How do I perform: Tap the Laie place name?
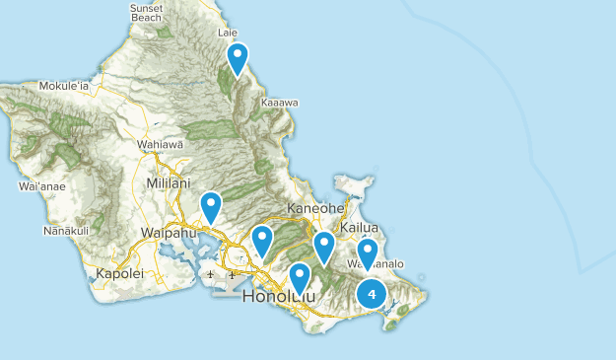coord(227,33)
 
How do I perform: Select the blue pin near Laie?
coord(237,58)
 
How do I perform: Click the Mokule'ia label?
coord(64,86)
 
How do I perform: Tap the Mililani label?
coord(166,184)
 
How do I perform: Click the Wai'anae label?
coord(39,185)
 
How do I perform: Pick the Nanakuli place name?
coord(66,231)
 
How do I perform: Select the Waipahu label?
coord(162,233)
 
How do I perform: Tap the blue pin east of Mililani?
coord(211,206)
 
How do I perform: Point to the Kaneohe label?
coord(315,209)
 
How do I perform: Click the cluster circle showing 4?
coord(371,292)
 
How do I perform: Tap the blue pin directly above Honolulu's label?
coord(300,276)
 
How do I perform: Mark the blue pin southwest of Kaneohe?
coord(262,240)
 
